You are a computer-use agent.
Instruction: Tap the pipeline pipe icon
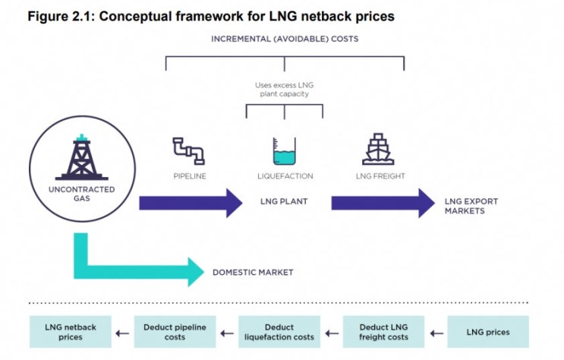coord(187,150)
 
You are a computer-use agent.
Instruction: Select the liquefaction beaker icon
coord(284,151)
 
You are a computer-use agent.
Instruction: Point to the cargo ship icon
coord(377,150)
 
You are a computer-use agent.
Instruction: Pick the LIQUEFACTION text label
coord(284,176)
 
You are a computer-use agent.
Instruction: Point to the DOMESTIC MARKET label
coord(253,272)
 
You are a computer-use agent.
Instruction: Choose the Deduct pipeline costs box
coord(175,332)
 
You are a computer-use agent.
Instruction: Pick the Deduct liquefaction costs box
coord(279,332)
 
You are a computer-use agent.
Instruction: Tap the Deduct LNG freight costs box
coord(383,332)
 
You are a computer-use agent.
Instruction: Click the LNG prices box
coord(487,332)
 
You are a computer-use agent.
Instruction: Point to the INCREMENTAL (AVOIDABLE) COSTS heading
coord(285,38)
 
